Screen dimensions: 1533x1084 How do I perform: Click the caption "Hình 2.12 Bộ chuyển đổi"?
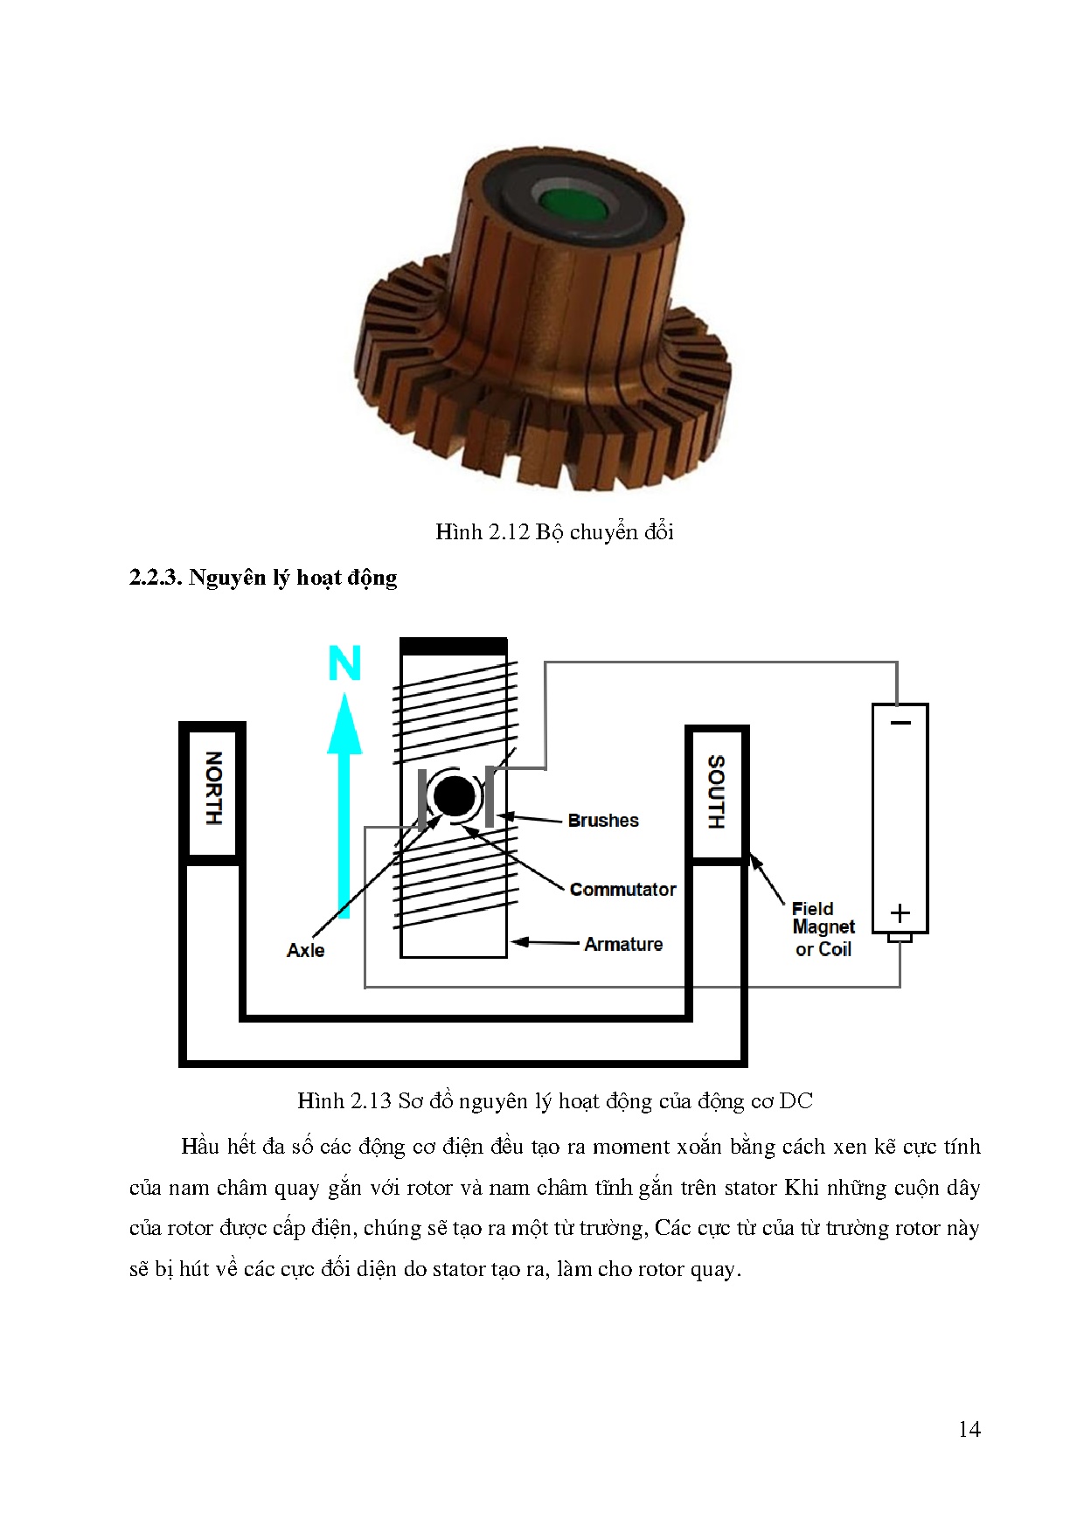click(x=554, y=532)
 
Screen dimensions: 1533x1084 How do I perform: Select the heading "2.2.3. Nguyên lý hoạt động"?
click(x=263, y=578)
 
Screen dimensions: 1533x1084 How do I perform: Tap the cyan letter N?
click(x=344, y=663)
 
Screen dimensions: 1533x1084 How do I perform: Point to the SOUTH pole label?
click(x=716, y=792)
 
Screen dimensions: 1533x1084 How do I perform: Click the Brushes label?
click(x=603, y=821)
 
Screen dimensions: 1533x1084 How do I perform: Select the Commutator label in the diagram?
click(x=622, y=890)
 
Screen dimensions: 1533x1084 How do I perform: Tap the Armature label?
click(x=623, y=944)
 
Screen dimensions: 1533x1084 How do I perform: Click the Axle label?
click(x=305, y=950)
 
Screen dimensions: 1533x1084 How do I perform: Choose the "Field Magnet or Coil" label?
click(x=823, y=929)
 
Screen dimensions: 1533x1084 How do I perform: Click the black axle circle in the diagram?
click(x=455, y=796)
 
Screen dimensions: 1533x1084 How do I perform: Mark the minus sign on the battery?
click(x=900, y=723)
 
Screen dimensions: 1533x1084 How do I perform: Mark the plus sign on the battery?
click(x=900, y=913)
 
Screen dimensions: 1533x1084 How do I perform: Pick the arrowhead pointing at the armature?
click(x=518, y=942)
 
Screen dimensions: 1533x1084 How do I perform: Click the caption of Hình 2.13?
click(x=554, y=1100)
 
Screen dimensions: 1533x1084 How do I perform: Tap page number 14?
click(x=969, y=1429)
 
